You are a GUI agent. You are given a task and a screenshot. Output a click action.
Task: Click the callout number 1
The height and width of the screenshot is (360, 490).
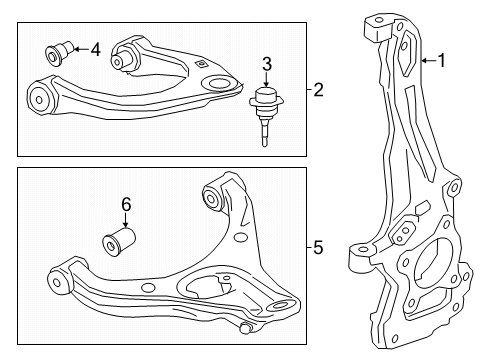[442, 61]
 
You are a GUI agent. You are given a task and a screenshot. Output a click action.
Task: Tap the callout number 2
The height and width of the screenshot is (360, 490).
[318, 90]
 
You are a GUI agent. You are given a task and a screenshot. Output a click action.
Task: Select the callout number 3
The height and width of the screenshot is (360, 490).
[267, 64]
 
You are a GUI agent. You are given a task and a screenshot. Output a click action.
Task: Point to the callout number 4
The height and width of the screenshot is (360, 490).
[96, 50]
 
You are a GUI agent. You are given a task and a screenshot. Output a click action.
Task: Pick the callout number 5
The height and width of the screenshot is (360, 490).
[318, 248]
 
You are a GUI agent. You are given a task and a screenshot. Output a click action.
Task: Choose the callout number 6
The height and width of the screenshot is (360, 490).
[126, 204]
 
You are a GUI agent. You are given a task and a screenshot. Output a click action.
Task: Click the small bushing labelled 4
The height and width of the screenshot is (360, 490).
[59, 52]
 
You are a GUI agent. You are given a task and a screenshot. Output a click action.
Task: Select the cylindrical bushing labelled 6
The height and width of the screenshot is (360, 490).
[119, 242]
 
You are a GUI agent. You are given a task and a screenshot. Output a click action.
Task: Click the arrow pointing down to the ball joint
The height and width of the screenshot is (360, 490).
[266, 80]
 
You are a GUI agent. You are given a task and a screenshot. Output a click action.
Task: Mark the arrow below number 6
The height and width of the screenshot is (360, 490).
[126, 220]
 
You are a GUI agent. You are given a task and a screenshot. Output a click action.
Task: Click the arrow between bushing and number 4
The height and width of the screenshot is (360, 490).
[81, 49]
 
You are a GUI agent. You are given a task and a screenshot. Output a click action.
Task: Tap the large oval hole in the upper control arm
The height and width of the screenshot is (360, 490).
[218, 83]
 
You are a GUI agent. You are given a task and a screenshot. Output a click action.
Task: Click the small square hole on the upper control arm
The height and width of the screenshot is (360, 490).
[201, 64]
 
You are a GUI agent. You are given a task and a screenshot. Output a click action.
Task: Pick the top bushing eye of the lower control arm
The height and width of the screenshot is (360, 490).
[211, 196]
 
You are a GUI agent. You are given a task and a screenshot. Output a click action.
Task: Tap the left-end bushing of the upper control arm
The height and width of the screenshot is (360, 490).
[39, 99]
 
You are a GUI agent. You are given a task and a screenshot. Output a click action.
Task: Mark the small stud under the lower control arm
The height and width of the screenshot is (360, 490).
[246, 327]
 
